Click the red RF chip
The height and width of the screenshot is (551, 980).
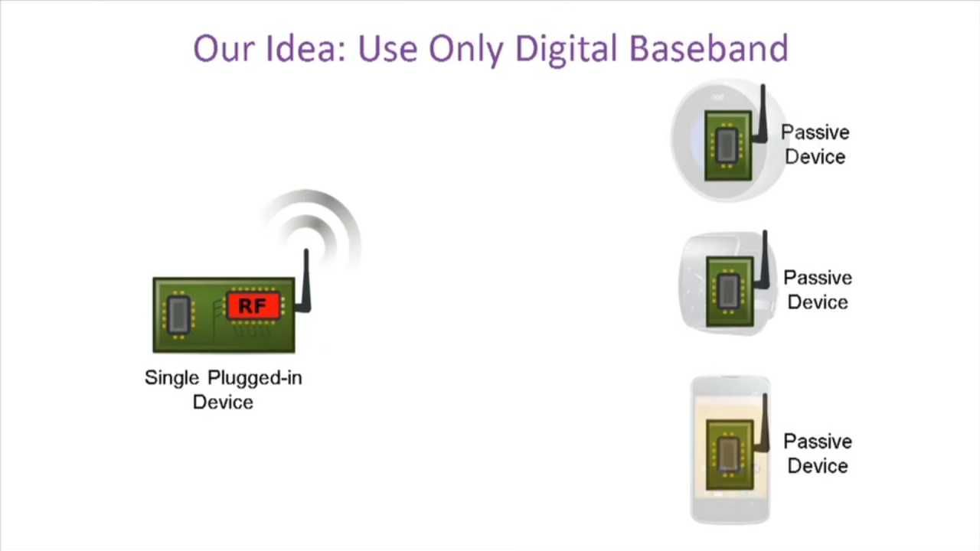click(x=253, y=305)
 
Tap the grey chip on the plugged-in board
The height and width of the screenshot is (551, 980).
click(x=179, y=315)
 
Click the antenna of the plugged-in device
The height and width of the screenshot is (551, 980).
click(x=305, y=282)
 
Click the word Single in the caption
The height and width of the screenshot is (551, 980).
click(x=171, y=378)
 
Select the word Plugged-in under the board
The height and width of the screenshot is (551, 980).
click(x=255, y=378)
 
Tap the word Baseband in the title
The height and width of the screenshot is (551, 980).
click(x=709, y=48)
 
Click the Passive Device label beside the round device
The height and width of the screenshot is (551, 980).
click(x=815, y=145)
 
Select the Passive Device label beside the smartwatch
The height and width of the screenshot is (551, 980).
click(x=817, y=290)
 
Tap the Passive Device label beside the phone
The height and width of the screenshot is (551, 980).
click(x=817, y=454)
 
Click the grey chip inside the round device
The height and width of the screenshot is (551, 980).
click(x=727, y=145)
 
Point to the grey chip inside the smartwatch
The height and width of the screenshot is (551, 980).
click(x=728, y=291)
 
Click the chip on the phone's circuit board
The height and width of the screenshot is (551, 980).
click(x=728, y=455)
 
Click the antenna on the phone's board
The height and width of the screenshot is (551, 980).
click(x=764, y=423)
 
